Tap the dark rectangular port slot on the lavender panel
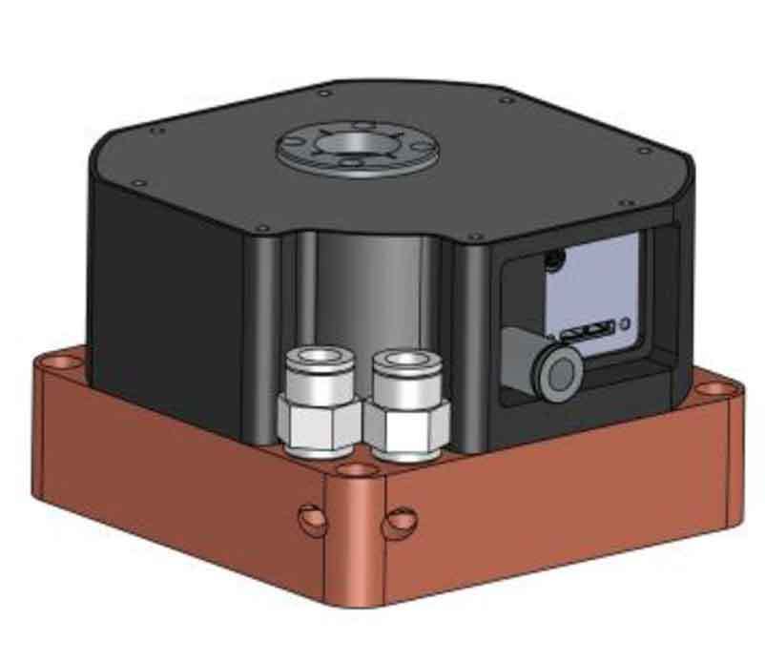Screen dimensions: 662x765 coord(586,333)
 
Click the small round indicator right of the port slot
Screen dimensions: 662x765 coord(625,324)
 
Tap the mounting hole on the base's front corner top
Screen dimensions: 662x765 coord(357,469)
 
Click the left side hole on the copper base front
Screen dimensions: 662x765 coord(310,519)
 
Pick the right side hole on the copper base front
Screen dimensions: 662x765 coord(401,522)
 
